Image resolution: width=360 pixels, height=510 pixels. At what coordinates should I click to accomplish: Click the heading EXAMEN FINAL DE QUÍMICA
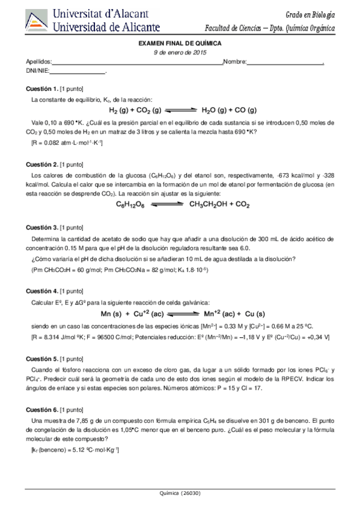point(180,45)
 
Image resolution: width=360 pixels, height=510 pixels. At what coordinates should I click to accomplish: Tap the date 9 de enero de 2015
point(180,53)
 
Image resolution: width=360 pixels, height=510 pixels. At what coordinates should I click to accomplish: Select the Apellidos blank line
point(138,63)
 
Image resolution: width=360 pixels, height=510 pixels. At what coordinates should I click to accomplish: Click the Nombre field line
point(285,63)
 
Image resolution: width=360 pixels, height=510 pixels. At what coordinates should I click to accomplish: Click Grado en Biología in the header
point(311,14)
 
